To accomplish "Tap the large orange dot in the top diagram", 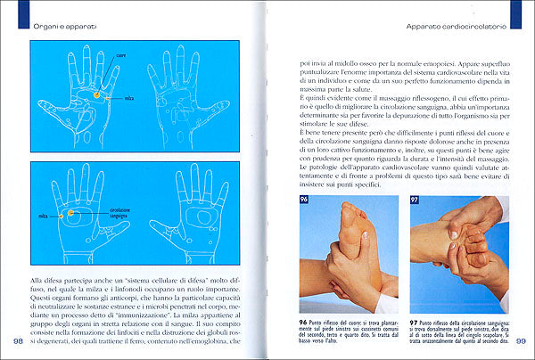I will pyautogui.click(x=95, y=94).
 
